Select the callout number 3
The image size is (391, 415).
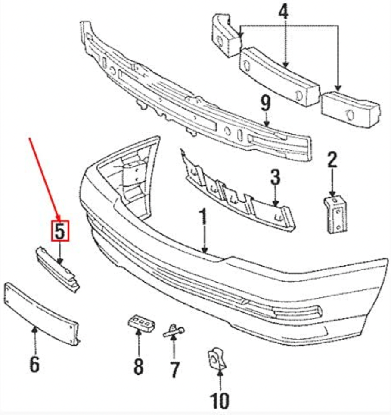pos(275,178)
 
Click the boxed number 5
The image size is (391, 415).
pos(60,231)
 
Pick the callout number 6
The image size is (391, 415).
pos(34,363)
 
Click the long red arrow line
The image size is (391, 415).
pos(43,177)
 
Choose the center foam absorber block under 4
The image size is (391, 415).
pos(279,76)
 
